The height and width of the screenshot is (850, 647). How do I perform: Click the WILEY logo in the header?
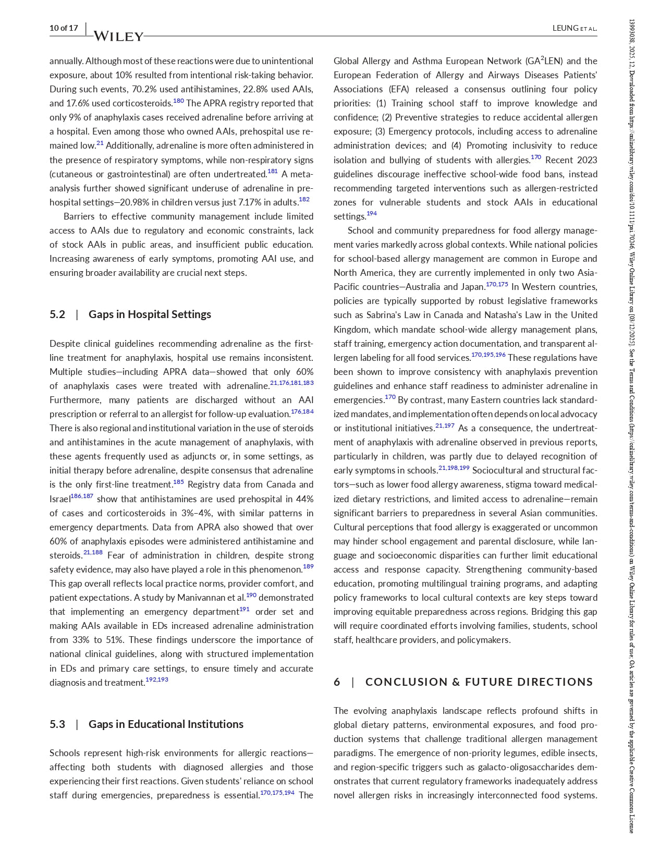(118, 36)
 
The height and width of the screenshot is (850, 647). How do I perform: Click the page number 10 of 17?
(64, 28)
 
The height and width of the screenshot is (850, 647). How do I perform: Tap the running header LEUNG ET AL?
(575, 28)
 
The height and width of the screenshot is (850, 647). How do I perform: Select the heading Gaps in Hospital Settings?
(150, 314)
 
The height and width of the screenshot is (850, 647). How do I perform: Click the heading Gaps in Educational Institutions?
(166, 724)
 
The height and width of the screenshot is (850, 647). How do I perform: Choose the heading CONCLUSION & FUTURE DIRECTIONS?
(479, 682)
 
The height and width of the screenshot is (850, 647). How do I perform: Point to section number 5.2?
(57, 314)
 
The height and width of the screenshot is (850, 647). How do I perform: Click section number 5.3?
(57, 724)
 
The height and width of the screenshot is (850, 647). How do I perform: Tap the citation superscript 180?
(178, 101)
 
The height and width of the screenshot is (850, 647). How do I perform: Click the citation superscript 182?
(304, 199)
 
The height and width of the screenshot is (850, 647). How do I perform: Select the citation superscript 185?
(178, 482)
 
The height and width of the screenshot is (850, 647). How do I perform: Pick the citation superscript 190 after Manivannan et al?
(251, 595)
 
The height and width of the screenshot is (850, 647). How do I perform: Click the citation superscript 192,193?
(157, 679)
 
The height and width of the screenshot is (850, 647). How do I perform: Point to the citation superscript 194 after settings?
(372, 213)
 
